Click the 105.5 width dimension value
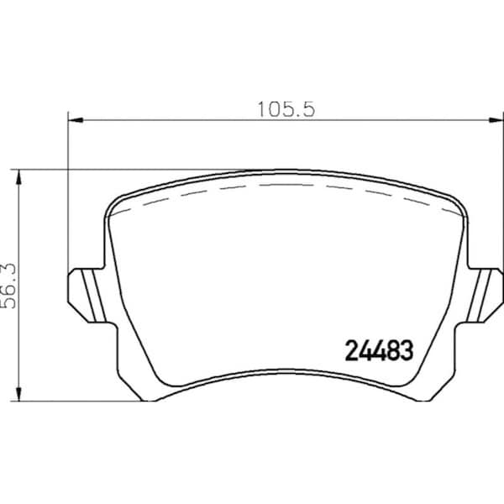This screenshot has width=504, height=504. [x=286, y=109]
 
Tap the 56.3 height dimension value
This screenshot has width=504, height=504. [x=8, y=286]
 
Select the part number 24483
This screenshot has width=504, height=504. [x=379, y=350]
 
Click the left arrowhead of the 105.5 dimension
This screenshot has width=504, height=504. [x=76, y=120]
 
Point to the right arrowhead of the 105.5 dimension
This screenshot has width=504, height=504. [x=496, y=120]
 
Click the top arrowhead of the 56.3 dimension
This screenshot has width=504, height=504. [x=19, y=177]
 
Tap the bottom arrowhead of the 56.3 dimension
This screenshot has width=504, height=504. [x=19, y=393]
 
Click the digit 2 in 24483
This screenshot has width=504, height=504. [x=351, y=350]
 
